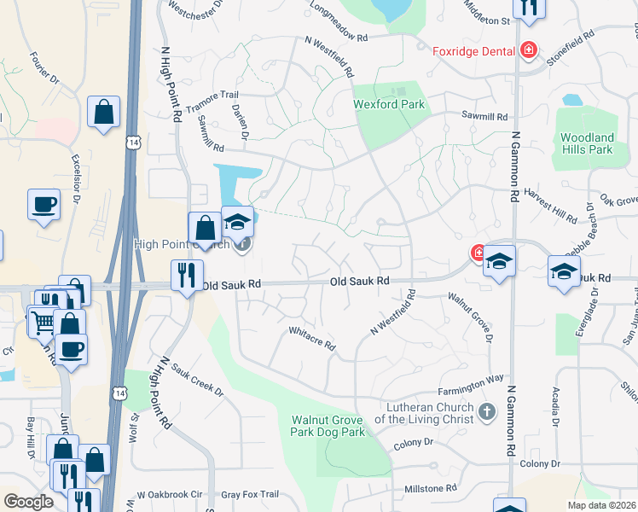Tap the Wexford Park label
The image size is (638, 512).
tap(389, 105)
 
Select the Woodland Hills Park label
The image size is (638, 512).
tap(587, 143)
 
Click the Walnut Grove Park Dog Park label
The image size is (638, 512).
tap(328, 427)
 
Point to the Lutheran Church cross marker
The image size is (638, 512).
tap(486, 413)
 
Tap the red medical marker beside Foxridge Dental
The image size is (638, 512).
tap(528, 50)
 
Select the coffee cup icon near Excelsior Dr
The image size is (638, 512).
tap(44, 205)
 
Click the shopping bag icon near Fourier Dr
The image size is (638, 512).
tap(103, 112)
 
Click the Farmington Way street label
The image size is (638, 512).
tap(471, 378)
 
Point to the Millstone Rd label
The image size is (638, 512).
tap(431, 489)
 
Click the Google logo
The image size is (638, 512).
tap(28, 501)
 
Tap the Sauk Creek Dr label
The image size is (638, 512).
tap(197, 381)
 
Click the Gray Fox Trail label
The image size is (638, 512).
tap(250, 494)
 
